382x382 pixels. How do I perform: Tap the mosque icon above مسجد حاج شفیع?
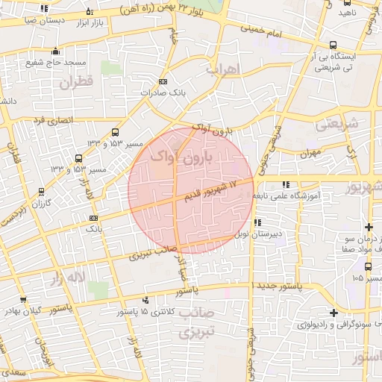coord(56,51)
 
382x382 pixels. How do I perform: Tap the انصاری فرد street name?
coord(50,119)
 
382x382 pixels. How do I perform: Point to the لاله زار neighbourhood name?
coord(68,279)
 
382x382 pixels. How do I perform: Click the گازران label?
coord(38,203)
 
